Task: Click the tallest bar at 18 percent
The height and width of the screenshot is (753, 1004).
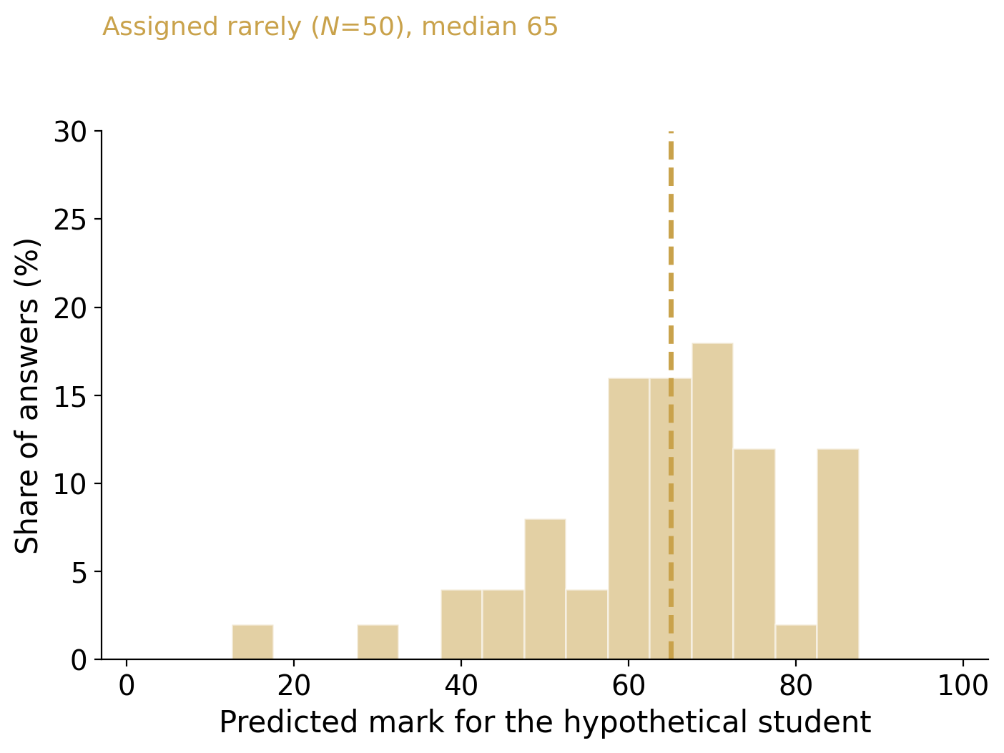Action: click(712, 501)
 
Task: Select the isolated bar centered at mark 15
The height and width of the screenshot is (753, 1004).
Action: click(252, 642)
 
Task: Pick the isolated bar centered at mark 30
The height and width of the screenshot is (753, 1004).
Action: click(378, 642)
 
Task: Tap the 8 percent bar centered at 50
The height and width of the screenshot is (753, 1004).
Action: click(545, 589)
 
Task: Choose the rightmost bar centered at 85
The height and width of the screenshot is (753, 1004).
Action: click(838, 554)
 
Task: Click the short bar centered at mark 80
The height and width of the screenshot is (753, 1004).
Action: click(796, 642)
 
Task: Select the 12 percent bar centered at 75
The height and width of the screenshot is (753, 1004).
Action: click(754, 554)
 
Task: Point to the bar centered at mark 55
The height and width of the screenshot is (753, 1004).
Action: click(587, 624)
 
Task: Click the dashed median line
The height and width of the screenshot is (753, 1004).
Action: click(671, 395)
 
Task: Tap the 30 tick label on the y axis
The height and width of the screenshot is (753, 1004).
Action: click(70, 132)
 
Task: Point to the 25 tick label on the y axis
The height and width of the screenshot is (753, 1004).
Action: click(70, 220)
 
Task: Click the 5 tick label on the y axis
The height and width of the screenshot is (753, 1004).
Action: click(79, 572)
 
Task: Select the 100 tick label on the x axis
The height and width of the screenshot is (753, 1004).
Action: click(963, 686)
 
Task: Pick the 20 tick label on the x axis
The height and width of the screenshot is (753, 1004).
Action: click(294, 686)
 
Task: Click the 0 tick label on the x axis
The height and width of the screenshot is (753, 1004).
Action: click(127, 686)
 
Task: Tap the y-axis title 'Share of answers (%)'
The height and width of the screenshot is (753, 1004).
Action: click(27, 396)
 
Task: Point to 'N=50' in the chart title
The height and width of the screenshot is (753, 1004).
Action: click(357, 26)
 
